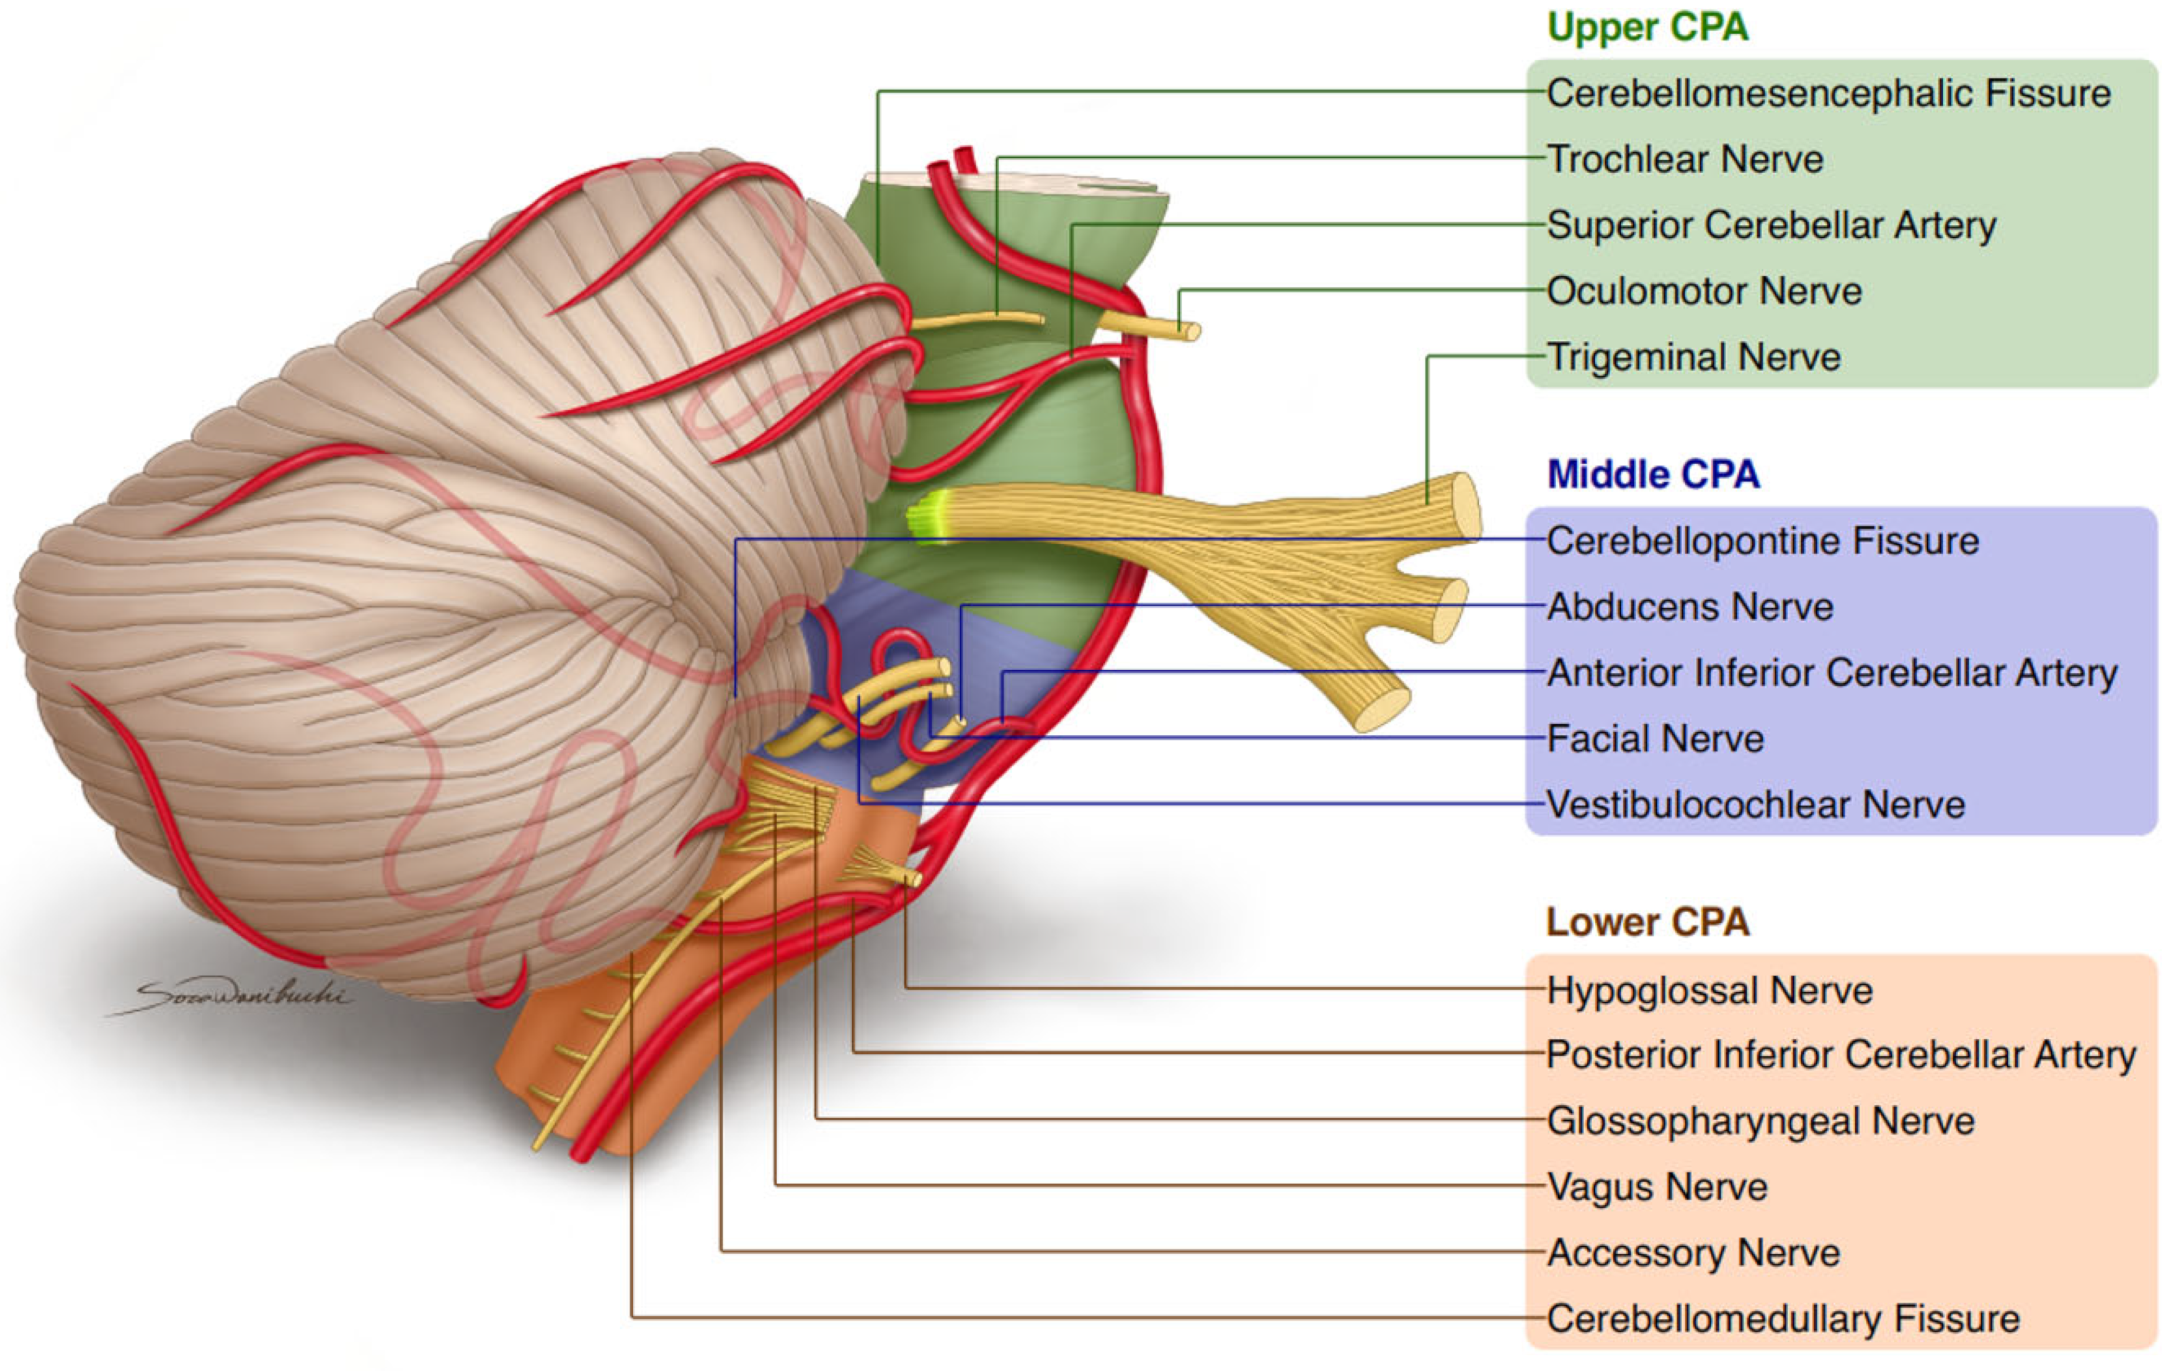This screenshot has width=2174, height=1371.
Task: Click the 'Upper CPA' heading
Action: (1647, 27)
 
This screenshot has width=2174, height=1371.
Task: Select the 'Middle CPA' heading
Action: (1652, 474)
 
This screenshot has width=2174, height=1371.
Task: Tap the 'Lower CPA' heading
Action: (1647, 922)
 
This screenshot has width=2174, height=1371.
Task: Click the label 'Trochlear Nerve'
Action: (1685, 159)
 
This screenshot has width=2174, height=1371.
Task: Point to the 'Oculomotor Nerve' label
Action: (1704, 291)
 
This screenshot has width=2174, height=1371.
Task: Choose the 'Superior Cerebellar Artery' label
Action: (1770, 225)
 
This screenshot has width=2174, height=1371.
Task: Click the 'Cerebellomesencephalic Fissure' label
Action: (1829, 93)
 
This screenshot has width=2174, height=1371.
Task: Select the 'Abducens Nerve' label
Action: (1689, 607)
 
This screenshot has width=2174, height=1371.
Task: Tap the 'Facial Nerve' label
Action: (1655, 739)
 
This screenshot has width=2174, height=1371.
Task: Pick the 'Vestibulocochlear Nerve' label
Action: (1755, 805)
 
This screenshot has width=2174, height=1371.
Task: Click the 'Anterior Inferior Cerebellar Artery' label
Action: (1831, 673)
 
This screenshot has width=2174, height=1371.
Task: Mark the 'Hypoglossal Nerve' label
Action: (1709, 991)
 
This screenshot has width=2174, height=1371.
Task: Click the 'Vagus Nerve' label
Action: (1657, 1187)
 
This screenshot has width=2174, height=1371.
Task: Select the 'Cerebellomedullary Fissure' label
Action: (1782, 1319)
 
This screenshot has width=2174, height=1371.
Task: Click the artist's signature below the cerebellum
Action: (239, 996)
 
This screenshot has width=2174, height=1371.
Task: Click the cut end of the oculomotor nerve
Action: (1192, 331)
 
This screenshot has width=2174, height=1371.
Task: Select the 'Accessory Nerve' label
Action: (1693, 1253)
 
